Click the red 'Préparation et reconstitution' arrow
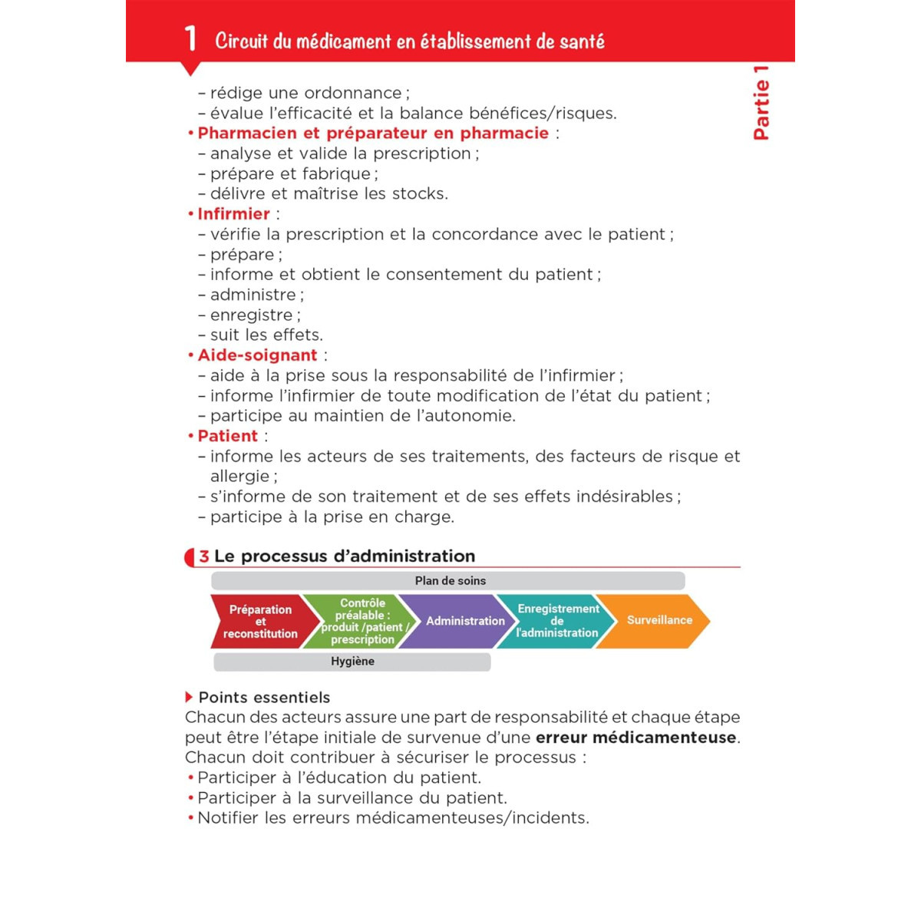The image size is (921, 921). [260, 621]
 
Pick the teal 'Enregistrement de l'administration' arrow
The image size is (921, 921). [557, 621]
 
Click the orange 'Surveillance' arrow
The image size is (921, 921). [659, 620]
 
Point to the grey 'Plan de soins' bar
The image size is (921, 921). [450, 581]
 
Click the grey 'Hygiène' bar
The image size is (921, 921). [352, 662]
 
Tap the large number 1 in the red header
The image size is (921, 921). [190, 38]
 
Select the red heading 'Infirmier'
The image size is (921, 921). [233, 214]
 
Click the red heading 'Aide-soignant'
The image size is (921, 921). [257, 355]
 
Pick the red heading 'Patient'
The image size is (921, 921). [227, 436]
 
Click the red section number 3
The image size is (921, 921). [203, 556]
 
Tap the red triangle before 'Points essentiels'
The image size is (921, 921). [189, 697]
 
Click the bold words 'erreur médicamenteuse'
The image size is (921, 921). [636, 738]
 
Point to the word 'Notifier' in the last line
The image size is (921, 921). [228, 818]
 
